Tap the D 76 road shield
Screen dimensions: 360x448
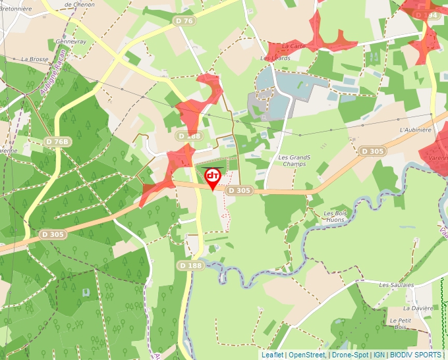point(186,21)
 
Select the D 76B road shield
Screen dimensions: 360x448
point(57,141)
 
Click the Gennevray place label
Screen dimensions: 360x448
point(71,41)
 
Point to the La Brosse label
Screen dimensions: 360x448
point(35,59)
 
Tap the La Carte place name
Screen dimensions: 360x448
point(293,46)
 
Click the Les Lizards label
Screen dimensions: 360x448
point(275,58)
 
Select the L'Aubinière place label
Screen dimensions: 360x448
point(415,130)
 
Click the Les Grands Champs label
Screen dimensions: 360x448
point(294,161)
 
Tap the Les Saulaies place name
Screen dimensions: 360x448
point(397,285)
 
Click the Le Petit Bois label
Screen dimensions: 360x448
point(401,323)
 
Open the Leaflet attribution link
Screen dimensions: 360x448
point(272,355)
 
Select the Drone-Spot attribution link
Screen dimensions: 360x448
point(350,355)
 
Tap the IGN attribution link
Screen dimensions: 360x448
point(379,355)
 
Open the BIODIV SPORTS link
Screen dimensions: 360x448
point(416,355)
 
